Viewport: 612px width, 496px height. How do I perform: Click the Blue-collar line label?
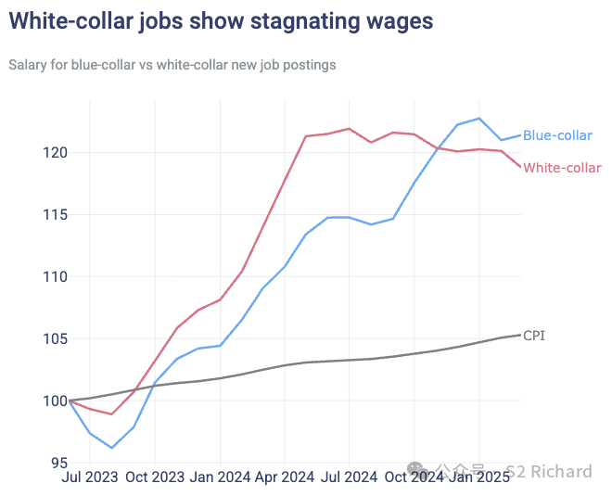click(557, 135)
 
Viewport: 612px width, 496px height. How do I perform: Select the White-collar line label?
click(562, 168)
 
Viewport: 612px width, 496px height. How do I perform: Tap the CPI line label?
click(534, 336)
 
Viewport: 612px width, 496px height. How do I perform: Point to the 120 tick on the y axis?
click(52, 152)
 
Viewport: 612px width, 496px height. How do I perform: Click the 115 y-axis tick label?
click(52, 214)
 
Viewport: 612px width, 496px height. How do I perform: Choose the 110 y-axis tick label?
click(52, 276)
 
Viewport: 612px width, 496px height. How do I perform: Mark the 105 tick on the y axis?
click(52, 338)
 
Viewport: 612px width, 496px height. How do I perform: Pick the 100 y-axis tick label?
click(52, 401)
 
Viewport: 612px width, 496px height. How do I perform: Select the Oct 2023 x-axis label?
click(155, 477)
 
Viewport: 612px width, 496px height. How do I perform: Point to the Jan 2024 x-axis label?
click(220, 477)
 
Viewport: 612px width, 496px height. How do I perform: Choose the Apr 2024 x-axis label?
click(285, 477)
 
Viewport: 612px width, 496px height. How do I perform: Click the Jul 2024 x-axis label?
click(350, 477)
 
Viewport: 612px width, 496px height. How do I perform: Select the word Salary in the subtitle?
click(27, 65)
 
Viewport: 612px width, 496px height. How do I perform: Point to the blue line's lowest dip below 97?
click(111, 448)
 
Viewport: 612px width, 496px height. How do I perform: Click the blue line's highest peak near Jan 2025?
click(479, 118)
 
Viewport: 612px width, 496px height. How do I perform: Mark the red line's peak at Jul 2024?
click(349, 129)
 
